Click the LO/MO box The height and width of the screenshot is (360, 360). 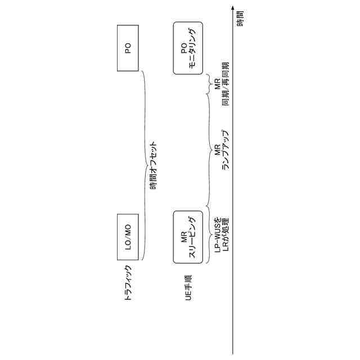tap(128, 237)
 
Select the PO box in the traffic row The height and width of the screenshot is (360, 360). tap(128, 48)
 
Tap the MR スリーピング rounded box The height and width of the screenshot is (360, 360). tap(188, 237)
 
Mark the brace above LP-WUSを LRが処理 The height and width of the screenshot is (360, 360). tap(209, 236)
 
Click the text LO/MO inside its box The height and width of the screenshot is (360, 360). tap(128, 237)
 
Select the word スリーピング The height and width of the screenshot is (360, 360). tap(192, 237)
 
